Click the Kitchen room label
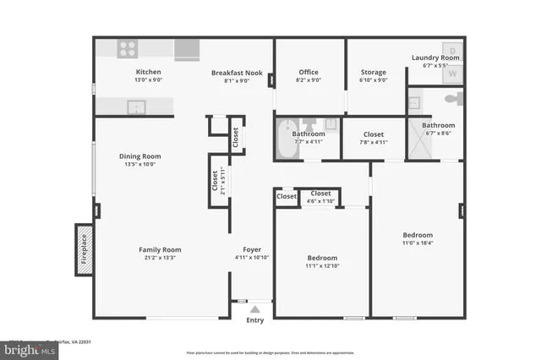point(148,72)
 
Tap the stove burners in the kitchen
point(128,49)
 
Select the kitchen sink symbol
point(134,106)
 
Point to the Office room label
point(309,72)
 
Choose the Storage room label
point(374,72)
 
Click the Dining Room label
point(139,156)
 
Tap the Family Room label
point(160,249)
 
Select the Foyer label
point(252,249)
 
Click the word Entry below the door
point(254,320)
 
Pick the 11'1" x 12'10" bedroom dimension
point(321,267)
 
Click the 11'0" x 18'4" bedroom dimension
point(418,243)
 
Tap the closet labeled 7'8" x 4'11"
point(373,143)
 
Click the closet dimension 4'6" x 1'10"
point(320,201)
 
